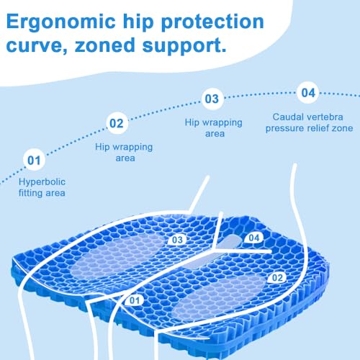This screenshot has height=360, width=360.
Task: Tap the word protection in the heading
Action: point(212,22)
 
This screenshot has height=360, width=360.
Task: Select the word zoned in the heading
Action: point(105,45)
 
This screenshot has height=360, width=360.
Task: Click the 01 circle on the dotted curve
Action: point(34,160)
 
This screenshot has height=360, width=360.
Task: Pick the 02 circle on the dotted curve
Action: point(117,123)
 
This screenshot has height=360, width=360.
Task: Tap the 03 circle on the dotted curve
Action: point(212,99)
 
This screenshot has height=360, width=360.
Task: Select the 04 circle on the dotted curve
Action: point(308,93)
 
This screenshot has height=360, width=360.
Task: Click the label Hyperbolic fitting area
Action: point(42,187)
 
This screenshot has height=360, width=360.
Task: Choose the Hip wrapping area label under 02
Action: point(124,153)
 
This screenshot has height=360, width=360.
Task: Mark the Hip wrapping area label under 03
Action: point(214,128)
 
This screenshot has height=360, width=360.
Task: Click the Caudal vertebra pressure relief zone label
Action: point(309,122)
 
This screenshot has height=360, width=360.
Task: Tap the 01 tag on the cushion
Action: point(134,300)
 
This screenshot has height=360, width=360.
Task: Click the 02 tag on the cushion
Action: point(277,278)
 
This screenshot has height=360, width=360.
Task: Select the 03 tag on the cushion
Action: point(177,240)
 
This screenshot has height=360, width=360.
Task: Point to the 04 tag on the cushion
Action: point(254,238)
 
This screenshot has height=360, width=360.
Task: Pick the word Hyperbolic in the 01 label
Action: point(42,182)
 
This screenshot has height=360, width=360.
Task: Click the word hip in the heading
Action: point(138,22)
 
